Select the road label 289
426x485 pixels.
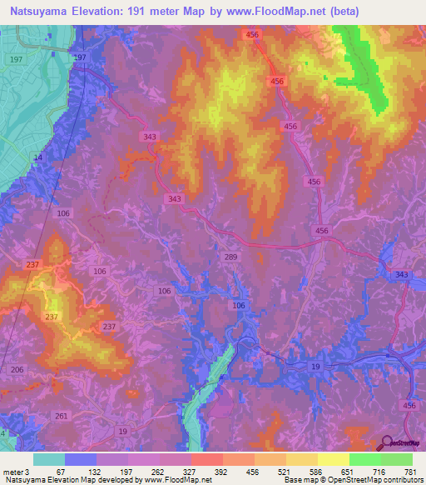(231, 257)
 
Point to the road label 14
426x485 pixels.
(37, 157)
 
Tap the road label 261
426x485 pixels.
(61, 416)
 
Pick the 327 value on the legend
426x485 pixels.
(191, 472)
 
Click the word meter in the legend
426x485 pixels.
(13, 472)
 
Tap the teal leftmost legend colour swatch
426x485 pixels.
(49, 459)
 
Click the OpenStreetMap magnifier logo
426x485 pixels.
(385, 443)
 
